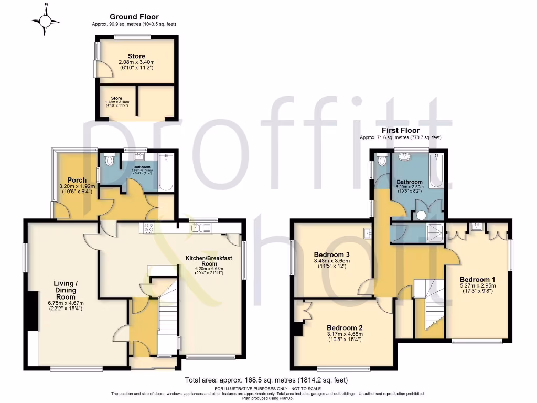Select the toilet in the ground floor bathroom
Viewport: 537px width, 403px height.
point(109,159)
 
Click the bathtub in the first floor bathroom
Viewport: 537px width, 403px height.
point(436,171)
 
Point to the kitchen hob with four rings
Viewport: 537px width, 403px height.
point(147,228)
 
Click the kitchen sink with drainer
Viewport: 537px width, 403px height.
point(200,228)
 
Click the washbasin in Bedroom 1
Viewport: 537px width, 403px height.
point(477,227)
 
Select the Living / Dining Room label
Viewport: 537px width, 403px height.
point(65,290)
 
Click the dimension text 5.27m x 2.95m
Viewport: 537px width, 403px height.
point(477,286)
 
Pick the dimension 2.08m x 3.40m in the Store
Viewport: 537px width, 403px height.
point(136,62)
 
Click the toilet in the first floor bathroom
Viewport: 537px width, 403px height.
point(381,160)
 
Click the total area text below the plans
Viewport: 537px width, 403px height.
point(266,380)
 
